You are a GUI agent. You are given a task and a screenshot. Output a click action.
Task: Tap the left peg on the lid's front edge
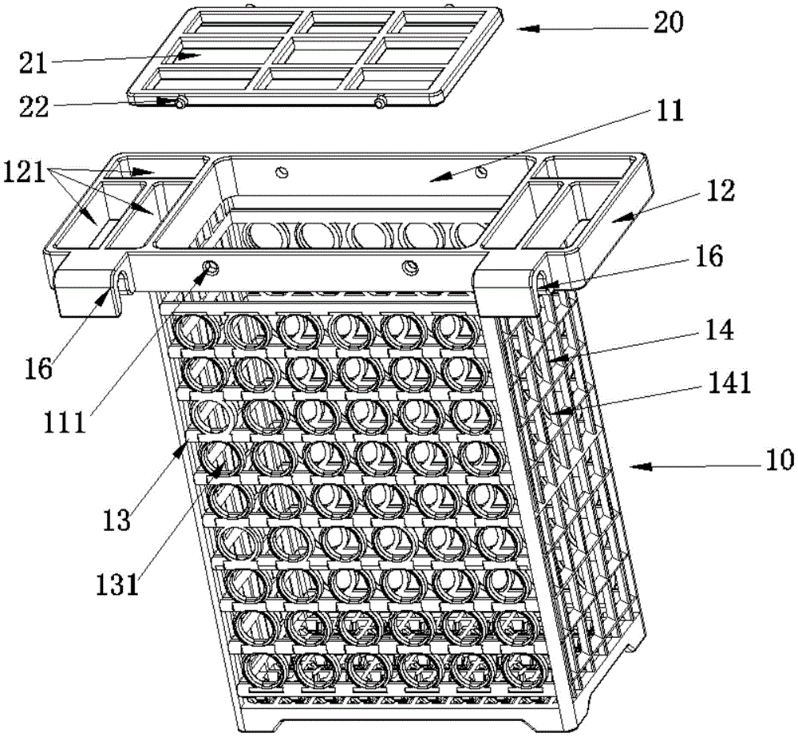pyautogui.click(x=179, y=103)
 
